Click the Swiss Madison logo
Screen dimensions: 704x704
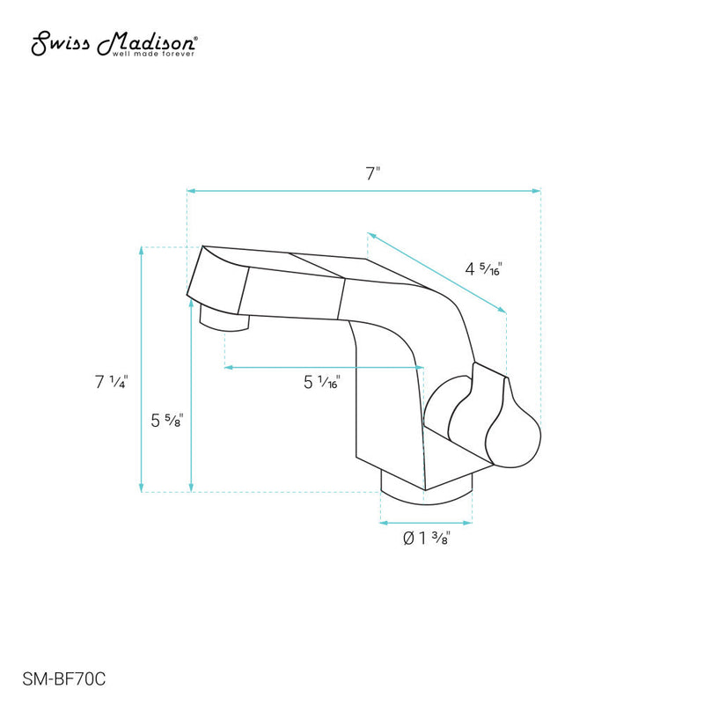coord(115,44)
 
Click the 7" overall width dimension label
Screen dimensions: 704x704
coord(373,172)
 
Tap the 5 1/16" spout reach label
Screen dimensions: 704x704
coord(322,382)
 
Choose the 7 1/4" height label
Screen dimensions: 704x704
coord(113,382)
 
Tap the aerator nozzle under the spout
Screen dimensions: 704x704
coord(226,319)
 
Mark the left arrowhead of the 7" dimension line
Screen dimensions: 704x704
coord(190,190)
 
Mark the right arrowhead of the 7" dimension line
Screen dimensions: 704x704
coord(536,190)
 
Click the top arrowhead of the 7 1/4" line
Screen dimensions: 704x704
coord(142,252)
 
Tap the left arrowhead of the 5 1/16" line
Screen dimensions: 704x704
coord(229,366)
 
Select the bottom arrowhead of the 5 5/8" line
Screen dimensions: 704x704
coord(191,487)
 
